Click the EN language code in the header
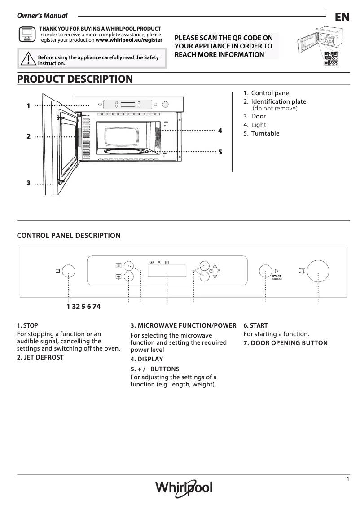coord(342,18)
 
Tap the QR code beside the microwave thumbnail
coord(331,58)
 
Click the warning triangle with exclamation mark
coord(28,59)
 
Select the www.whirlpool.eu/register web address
coord(129,40)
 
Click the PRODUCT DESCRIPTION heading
coord(75,79)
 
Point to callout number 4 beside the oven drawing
coord(220,131)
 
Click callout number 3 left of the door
coord(28,183)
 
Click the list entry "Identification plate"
coord(278,102)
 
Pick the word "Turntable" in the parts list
coord(265,133)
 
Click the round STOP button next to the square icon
coord(68,271)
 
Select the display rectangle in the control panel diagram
coord(167,271)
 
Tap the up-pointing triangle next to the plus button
coord(215,266)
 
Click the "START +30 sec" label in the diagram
coord(277,277)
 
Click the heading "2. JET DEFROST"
coord(40,357)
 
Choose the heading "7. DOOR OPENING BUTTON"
coord(285,343)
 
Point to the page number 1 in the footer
coord(348,479)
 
